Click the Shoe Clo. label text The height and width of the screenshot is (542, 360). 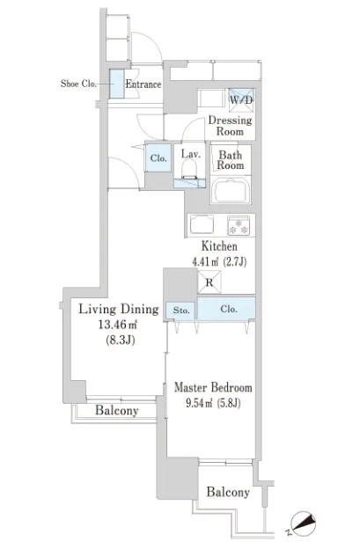pyautogui.click(x=78, y=84)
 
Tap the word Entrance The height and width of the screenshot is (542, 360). pyautogui.click(x=143, y=84)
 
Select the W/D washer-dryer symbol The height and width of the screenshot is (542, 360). pyautogui.click(x=241, y=100)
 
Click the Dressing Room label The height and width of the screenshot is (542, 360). pyautogui.click(x=230, y=126)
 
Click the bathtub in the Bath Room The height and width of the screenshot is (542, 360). pyautogui.click(x=231, y=189)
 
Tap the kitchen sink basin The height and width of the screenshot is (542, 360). pyautogui.click(x=202, y=224)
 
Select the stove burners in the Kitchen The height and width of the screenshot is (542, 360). pyautogui.click(x=239, y=225)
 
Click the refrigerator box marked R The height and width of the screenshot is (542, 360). pyautogui.click(x=209, y=282)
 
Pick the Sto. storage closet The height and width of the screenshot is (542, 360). pyautogui.click(x=180, y=310)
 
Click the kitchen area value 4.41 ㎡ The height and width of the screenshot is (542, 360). pyautogui.click(x=206, y=261)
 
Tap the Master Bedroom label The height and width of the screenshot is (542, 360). pyautogui.click(x=213, y=387)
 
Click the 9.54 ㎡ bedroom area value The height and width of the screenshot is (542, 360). pyautogui.click(x=199, y=403)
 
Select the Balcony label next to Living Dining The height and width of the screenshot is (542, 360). pyautogui.click(x=117, y=410)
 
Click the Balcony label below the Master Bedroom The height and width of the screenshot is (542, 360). pyautogui.click(x=228, y=492)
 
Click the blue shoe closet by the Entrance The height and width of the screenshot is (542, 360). pyautogui.click(x=117, y=84)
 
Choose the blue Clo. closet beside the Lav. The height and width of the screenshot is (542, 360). pyautogui.click(x=158, y=158)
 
